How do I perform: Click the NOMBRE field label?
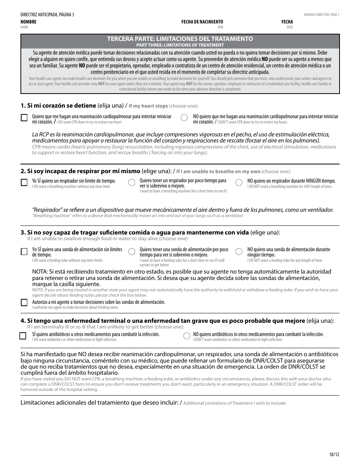28,22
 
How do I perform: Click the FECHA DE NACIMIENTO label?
202,22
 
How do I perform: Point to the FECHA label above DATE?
287,22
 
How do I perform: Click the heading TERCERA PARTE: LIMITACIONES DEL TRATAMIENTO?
180,39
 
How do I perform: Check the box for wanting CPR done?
24,118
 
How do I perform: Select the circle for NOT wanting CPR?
184,118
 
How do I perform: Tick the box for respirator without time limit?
24,183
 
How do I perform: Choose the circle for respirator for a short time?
131,183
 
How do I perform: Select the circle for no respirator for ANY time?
239,183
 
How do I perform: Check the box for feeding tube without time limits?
24,252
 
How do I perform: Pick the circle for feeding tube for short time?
131,252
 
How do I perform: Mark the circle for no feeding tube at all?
239,252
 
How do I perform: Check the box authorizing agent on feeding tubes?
24,303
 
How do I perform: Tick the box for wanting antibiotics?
23,336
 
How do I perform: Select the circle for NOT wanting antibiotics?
186,336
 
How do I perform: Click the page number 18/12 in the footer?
334,455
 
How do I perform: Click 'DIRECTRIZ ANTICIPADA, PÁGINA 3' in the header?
47,15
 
